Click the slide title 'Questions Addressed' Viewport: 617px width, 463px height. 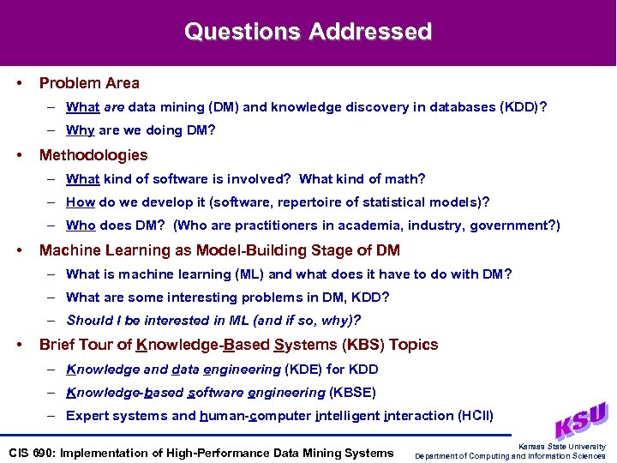click(x=308, y=33)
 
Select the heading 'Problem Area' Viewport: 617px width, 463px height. click(x=89, y=83)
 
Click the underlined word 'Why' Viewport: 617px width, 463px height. click(x=80, y=130)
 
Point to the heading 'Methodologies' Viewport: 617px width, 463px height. click(x=93, y=155)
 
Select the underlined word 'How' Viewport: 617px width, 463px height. click(x=81, y=202)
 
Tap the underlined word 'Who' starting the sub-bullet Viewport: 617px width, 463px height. click(x=81, y=225)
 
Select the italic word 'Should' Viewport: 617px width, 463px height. click(x=88, y=321)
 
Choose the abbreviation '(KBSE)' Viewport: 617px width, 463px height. click(x=352, y=393)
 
